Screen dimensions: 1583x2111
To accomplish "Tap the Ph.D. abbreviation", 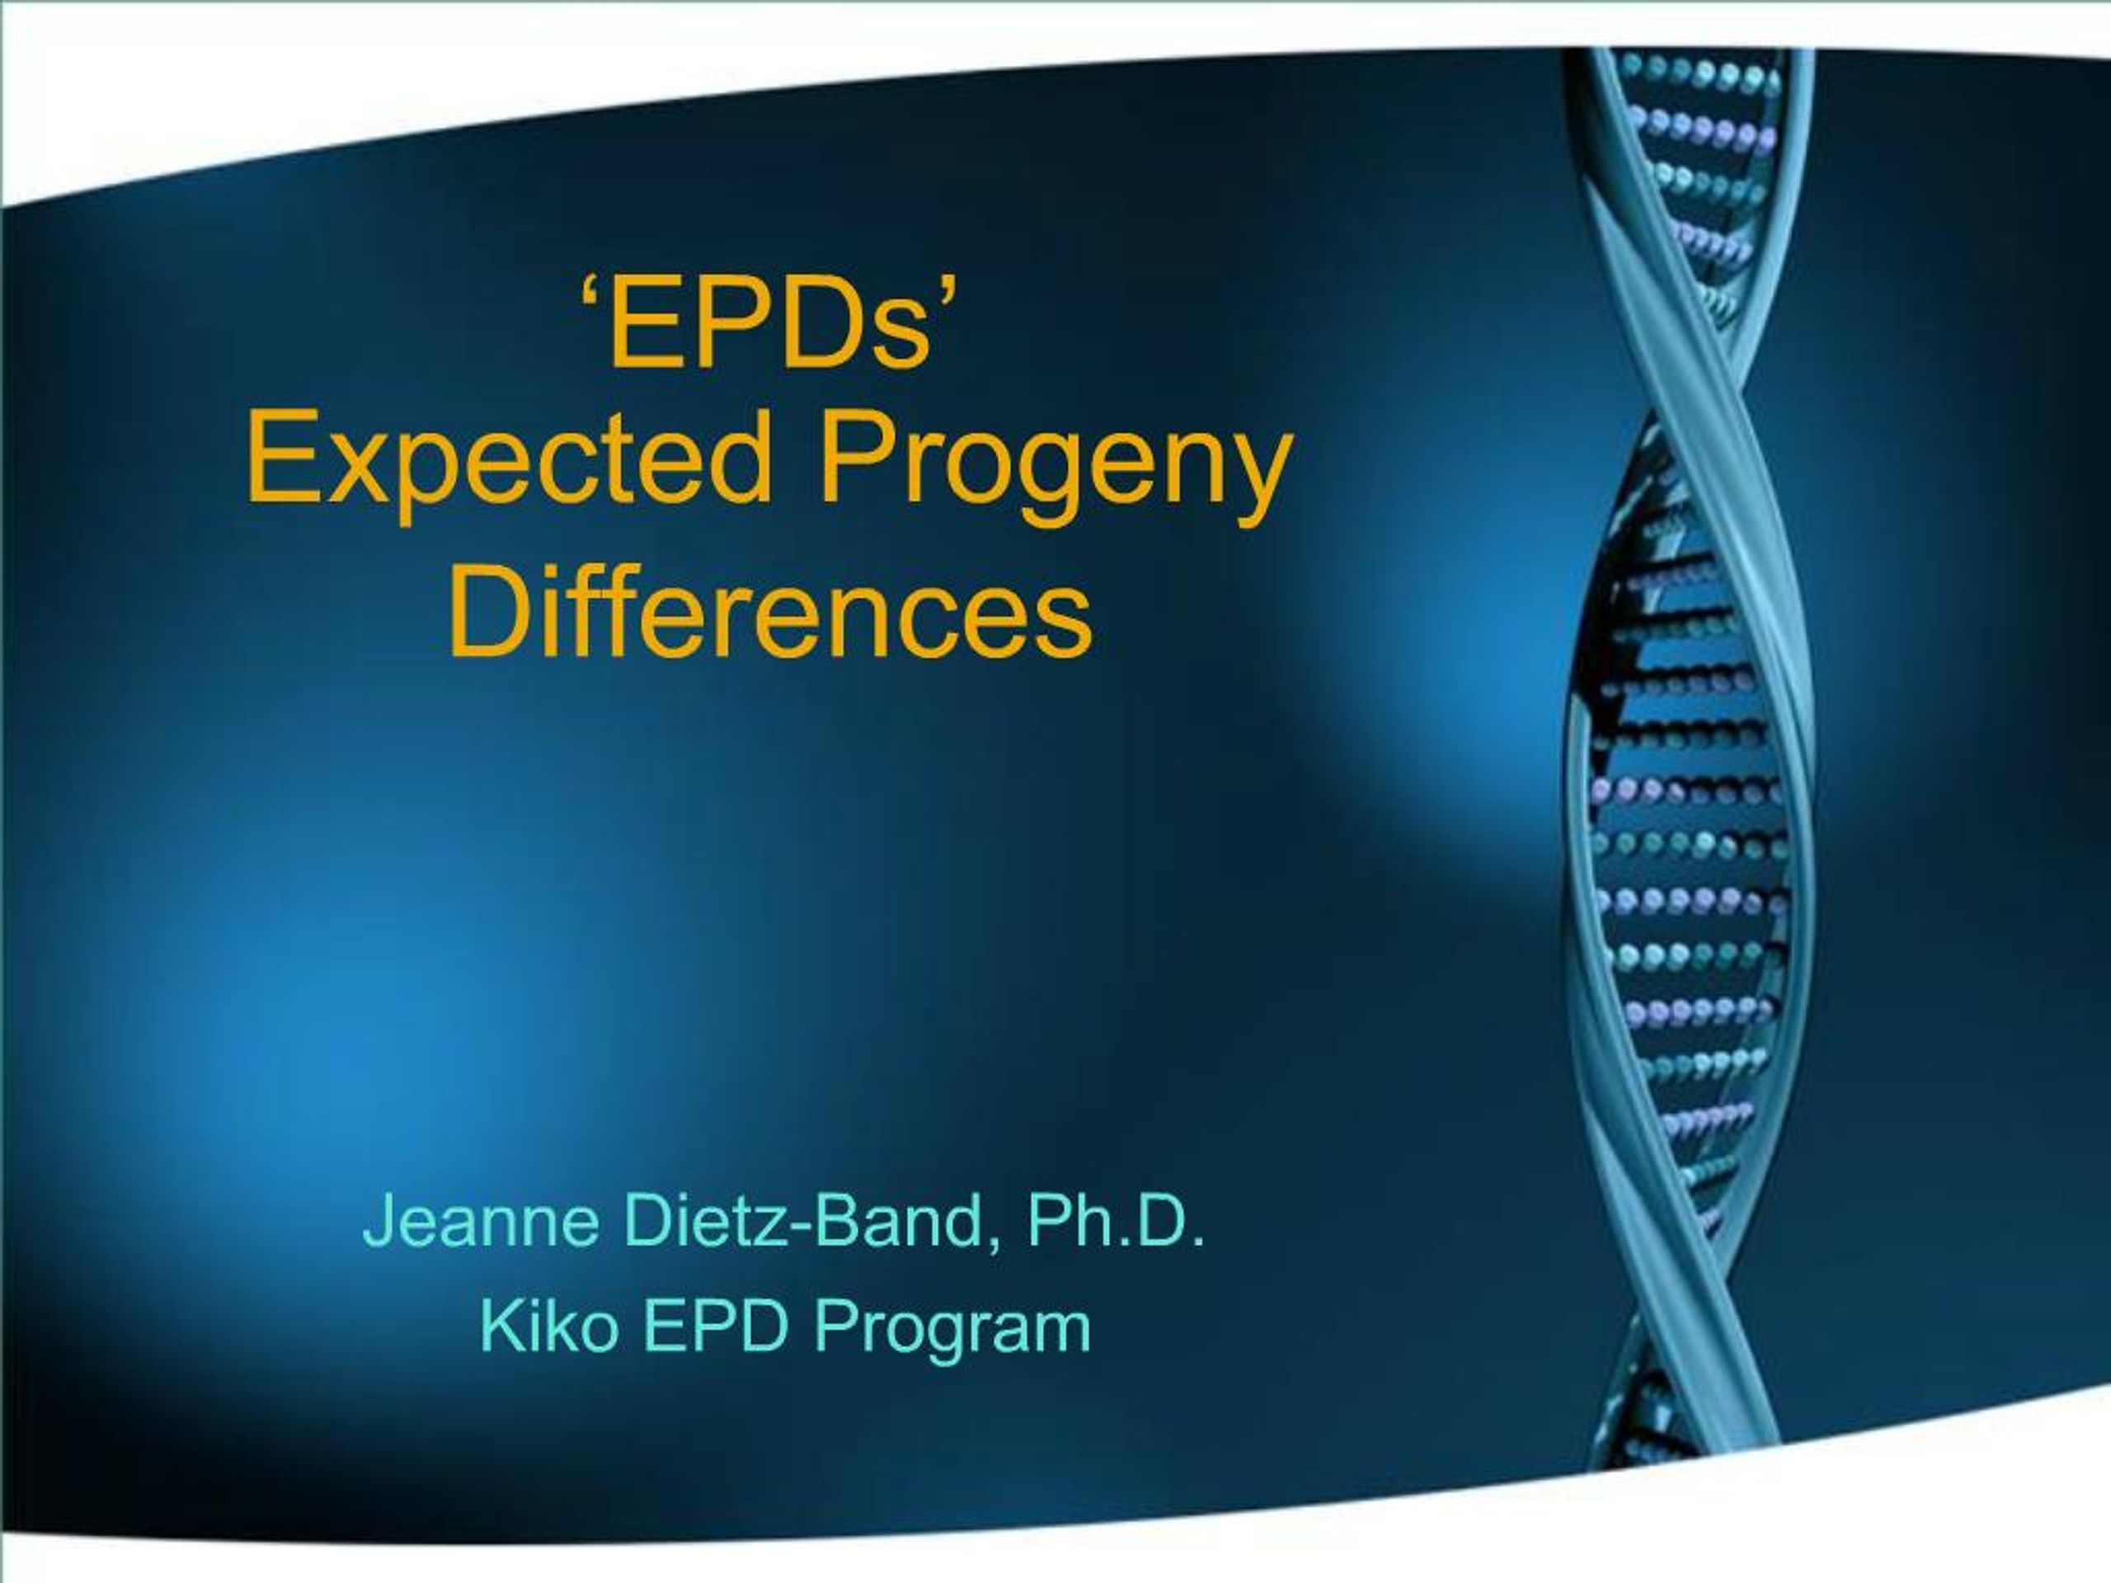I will [x=1115, y=1220].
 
